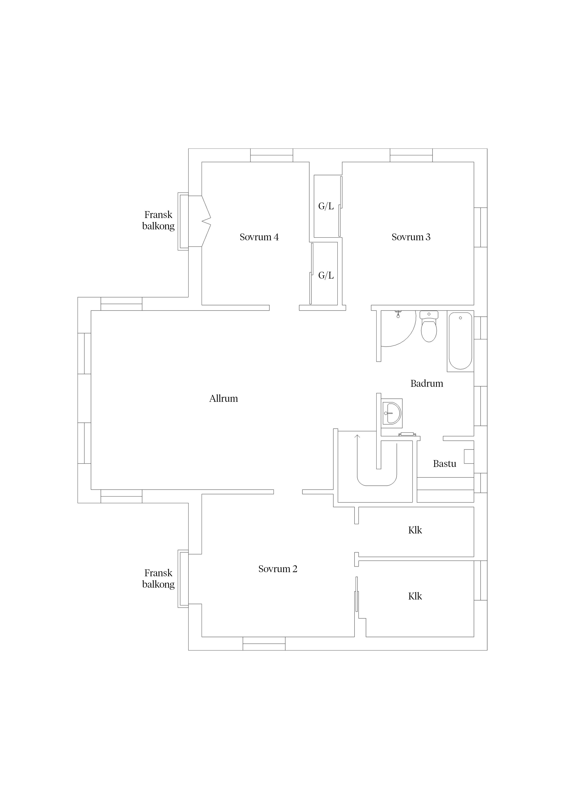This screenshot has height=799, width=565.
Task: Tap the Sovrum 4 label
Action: [x=259, y=237]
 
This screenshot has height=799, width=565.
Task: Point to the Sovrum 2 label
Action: [x=278, y=569]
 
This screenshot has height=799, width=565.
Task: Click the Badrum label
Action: [x=427, y=384]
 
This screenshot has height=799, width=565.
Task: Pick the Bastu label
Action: [x=444, y=464]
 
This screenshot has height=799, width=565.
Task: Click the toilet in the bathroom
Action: [x=429, y=326]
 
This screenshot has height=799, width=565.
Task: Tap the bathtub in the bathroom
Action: [x=460, y=341]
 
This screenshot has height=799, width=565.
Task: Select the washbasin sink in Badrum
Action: [x=392, y=413]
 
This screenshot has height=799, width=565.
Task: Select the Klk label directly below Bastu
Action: [x=415, y=530]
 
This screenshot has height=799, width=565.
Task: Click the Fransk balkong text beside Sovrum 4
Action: [x=158, y=220]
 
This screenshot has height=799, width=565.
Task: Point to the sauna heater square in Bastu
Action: [x=469, y=456]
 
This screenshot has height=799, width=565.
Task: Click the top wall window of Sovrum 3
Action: [x=411, y=155]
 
